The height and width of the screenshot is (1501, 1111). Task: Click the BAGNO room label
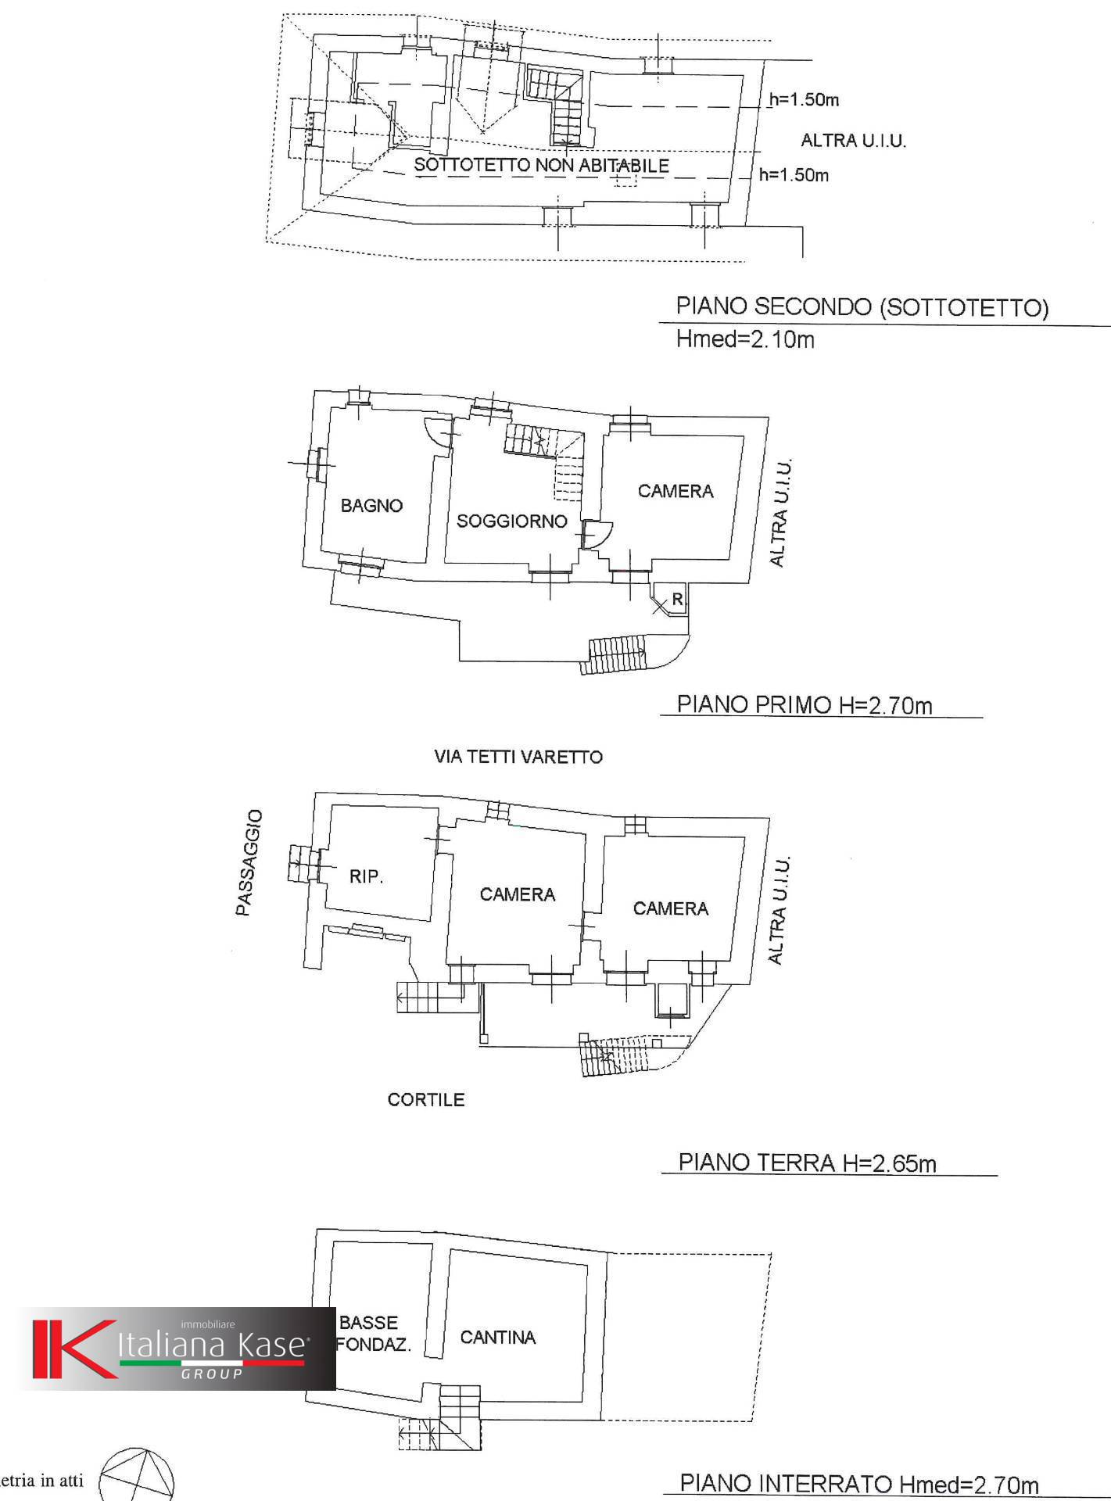click(371, 506)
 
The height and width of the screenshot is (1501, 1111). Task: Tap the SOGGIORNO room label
click(512, 521)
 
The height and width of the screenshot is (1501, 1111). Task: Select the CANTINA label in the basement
click(498, 1338)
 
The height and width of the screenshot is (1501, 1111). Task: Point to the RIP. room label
click(366, 876)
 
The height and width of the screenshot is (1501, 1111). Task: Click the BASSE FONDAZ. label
click(374, 1334)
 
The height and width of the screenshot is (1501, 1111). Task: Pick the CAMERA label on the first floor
click(676, 491)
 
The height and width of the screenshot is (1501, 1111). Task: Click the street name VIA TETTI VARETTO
click(518, 757)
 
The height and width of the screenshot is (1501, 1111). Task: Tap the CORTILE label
click(426, 1100)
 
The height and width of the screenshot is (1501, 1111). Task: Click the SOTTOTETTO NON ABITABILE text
click(541, 165)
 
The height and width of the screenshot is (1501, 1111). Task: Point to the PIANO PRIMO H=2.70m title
click(805, 705)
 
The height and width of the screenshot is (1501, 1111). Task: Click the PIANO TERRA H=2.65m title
click(807, 1162)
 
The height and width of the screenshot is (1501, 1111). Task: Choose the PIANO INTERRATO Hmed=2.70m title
click(859, 1483)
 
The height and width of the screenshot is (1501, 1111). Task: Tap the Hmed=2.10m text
click(745, 339)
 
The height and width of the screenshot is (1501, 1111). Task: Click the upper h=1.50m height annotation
click(804, 99)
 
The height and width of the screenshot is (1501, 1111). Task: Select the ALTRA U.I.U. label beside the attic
click(853, 141)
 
